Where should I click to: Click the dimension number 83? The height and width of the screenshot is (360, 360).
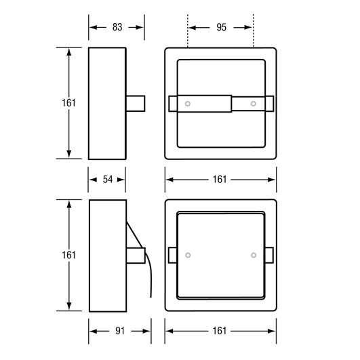point(117,27)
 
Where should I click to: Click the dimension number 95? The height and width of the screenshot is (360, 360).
point(221,27)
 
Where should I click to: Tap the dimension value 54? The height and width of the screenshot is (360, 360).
point(108,179)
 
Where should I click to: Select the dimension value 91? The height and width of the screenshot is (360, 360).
point(120,331)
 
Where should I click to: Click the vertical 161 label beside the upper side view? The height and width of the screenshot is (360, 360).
point(68,103)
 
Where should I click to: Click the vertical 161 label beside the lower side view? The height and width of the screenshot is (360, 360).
point(68,255)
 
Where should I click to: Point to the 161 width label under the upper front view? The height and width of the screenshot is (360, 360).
point(220,179)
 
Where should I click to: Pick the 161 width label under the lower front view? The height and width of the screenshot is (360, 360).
point(220,331)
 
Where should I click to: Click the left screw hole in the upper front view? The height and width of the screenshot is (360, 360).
point(188,104)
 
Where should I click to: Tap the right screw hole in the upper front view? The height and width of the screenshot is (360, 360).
point(254,104)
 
